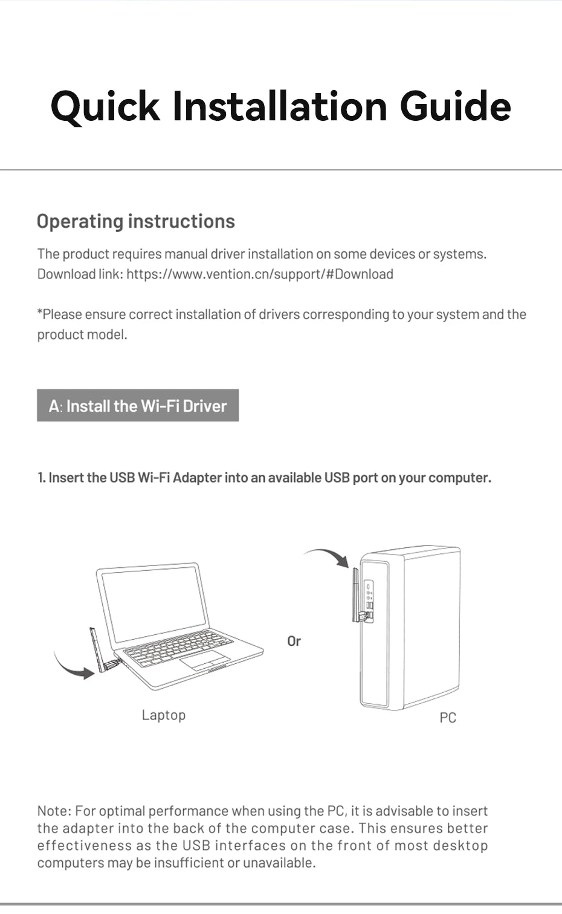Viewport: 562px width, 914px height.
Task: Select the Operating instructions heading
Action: (x=136, y=221)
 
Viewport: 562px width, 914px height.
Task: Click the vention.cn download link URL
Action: (x=260, y=274)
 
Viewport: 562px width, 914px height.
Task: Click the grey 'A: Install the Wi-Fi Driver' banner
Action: (x=138, y=405)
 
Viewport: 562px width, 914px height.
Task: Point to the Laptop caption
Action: (x=164, y=715)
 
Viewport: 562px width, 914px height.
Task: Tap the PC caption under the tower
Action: (x=448, y=718)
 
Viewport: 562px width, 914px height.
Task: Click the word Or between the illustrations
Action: (x=294, y=641)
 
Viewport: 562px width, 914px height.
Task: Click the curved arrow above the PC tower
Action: (x=328, y=556)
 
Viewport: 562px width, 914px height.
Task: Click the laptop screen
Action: (x=153, y=604)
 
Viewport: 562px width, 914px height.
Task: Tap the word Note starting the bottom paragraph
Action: (x=54, y=811)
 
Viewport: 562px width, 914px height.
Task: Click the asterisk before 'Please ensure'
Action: (x=40, y=314)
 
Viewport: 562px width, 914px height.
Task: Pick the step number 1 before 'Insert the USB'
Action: (x=40, y=478)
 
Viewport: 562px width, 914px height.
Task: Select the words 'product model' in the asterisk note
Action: (x=81, y=335)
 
